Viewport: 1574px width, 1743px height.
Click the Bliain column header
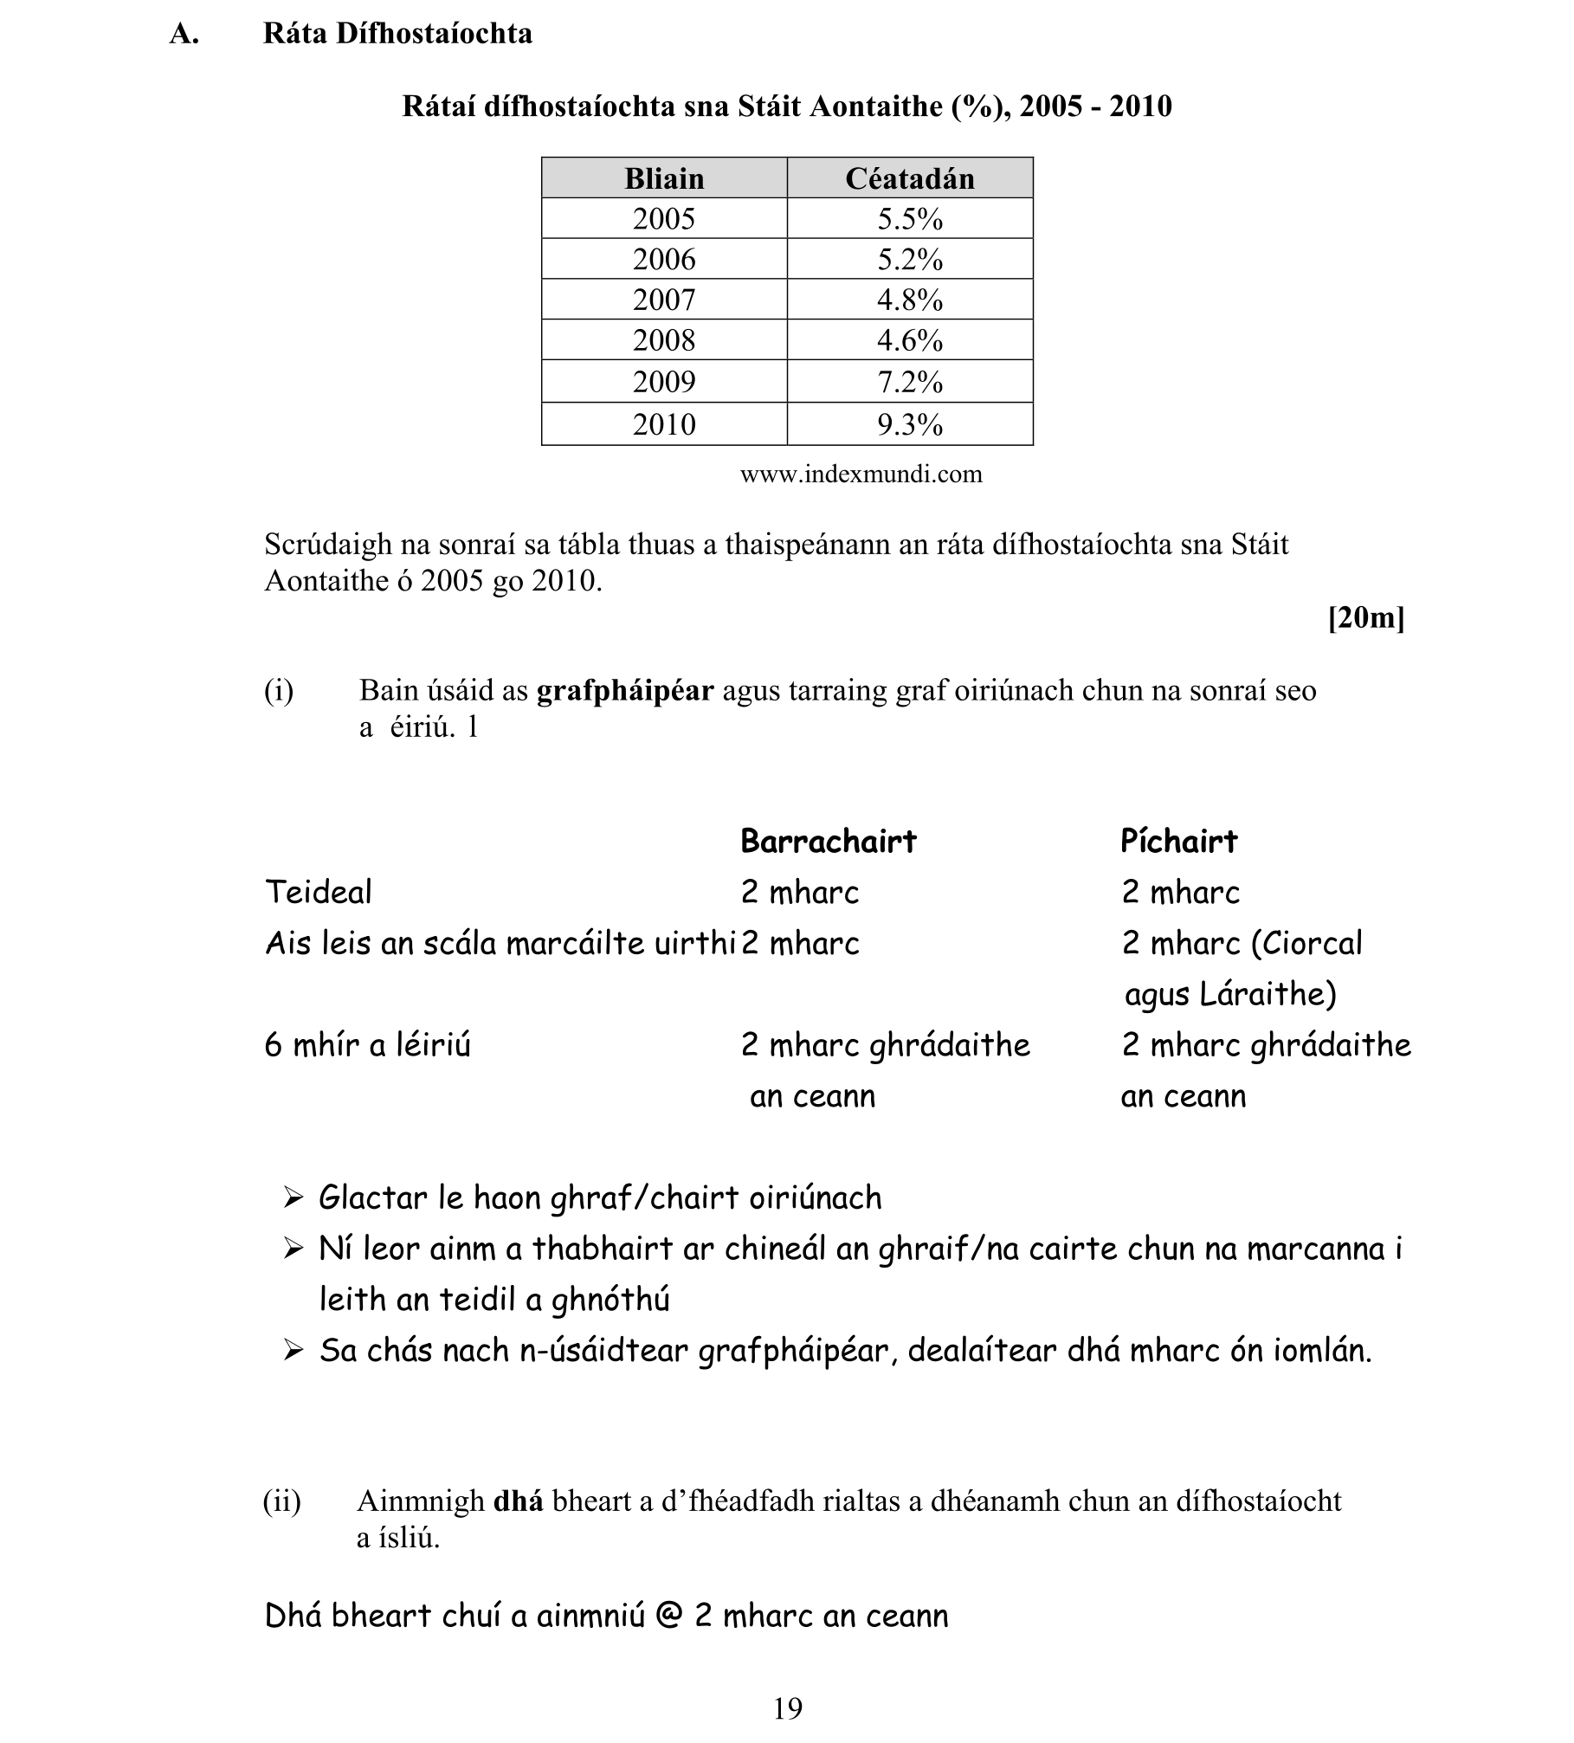click(664, 178)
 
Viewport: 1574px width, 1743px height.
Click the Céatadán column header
click(910, 178)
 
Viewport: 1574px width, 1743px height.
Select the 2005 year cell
click(664, 218)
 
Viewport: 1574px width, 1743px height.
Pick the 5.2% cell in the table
click(910, 259)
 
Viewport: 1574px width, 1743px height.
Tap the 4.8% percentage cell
click(910, 300)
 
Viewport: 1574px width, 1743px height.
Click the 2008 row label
click(664, 339)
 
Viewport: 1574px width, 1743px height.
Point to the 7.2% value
click(910, 381)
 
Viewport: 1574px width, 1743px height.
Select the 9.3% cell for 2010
click(910, 424)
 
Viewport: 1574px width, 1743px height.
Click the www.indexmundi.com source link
click(861, 474)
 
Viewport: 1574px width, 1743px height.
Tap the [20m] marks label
click(1366, 617)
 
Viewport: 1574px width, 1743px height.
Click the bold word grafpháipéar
click(625, 691)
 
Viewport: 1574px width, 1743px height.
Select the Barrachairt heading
click(829, 841)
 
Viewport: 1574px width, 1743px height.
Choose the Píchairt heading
click(1178, 841)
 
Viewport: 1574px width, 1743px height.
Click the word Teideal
click(319, 892)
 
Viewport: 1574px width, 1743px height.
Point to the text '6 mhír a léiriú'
click(367, 1045)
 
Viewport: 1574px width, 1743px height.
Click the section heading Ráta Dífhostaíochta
click(397, 34)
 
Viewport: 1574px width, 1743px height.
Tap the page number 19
click(788, 1708)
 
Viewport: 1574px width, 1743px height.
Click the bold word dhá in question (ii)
click(518, 1501)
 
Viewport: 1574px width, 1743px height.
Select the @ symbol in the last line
click(668, 1617)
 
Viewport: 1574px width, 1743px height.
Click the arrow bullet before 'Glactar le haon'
click(294, 1198)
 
